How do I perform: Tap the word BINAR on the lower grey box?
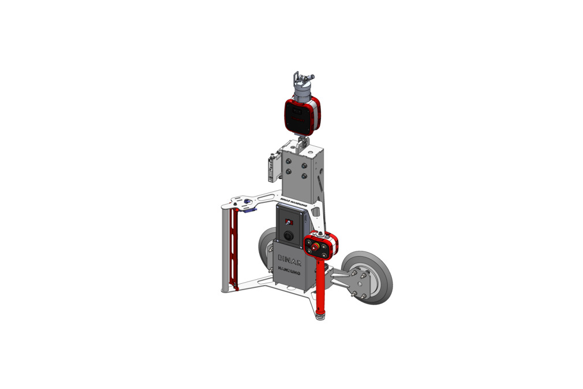click(x=290, y=258)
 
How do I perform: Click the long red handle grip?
click(x=321, y=283)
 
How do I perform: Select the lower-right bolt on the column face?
click(x=304, y=176)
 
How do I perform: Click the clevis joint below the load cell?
click(x=302, y=141)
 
